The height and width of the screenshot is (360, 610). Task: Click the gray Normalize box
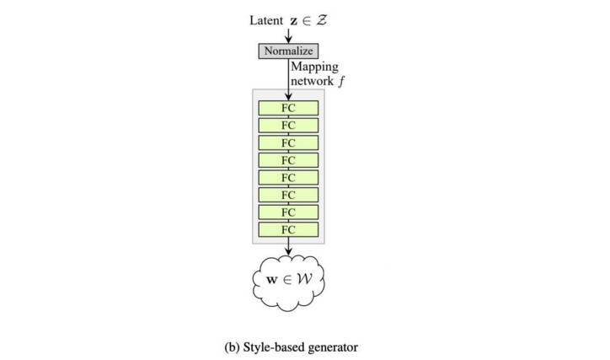288,51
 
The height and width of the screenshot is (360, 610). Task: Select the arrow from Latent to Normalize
288,34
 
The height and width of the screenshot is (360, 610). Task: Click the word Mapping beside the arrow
313,66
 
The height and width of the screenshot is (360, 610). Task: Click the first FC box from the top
288,108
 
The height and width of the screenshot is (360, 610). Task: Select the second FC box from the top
288,125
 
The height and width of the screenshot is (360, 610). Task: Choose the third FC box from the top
288,142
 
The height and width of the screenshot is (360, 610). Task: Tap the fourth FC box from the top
288,160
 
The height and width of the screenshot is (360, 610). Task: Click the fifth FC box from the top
288,177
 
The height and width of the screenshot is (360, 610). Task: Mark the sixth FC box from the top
288,195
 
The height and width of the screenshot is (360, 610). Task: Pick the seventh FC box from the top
288,212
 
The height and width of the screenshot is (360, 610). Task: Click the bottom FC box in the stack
288,229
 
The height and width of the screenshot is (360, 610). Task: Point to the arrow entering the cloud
288,247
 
